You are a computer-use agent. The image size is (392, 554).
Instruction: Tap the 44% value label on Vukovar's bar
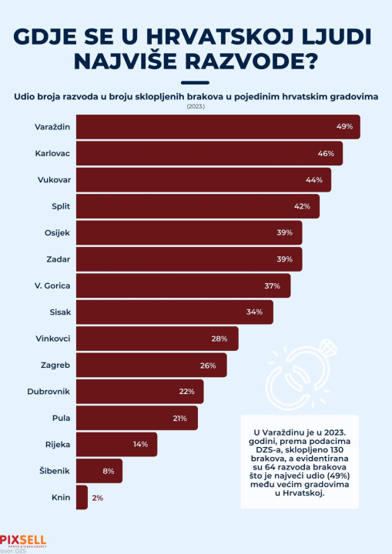[313, 179]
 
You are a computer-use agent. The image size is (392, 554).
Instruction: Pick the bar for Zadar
[189, 259]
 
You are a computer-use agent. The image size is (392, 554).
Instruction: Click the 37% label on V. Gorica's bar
[273, 285]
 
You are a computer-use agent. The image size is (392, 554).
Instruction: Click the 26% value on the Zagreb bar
[209, 365]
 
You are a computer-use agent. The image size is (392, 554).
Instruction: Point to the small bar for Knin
[82, 498]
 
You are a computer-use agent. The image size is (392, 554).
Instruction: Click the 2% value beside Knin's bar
[98, 498]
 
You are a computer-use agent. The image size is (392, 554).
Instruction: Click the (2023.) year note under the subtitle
[196, 106]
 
